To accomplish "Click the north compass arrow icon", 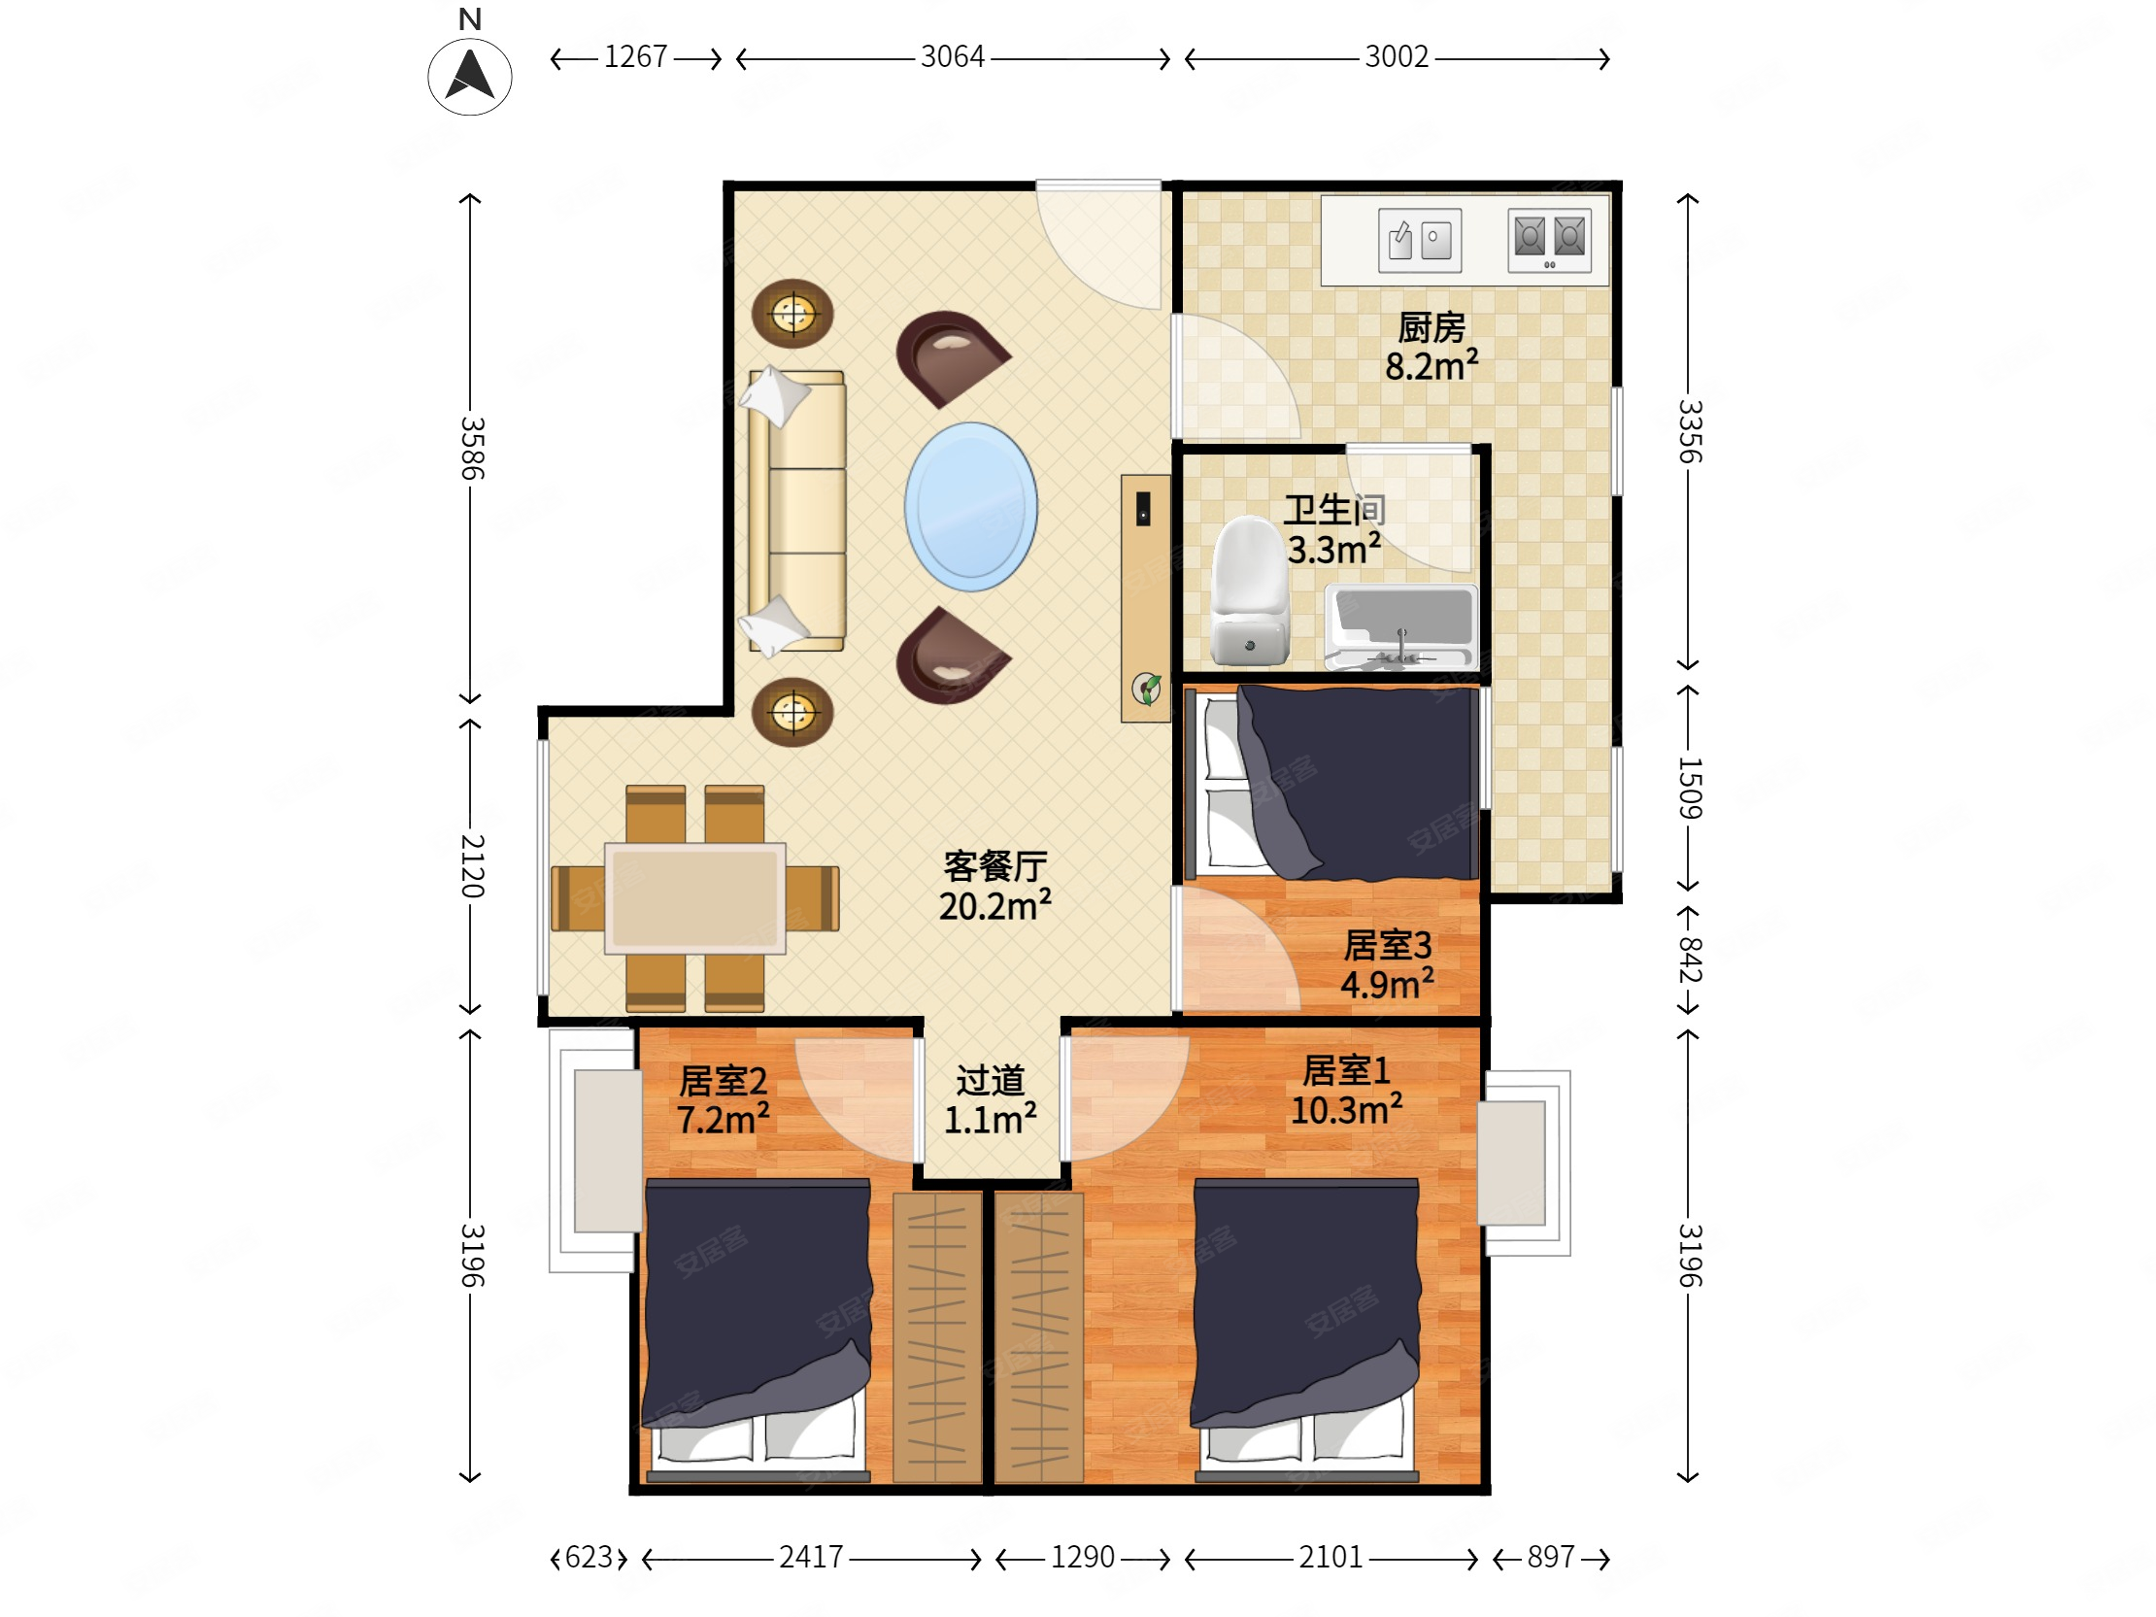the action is click(470, 77).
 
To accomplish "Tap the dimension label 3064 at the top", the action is click(953, 57).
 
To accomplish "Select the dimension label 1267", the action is click(635, 57).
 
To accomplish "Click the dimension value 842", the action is click(1689, 960).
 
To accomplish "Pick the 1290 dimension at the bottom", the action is click(1082, 1558).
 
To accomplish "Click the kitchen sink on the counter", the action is click(1420, 240).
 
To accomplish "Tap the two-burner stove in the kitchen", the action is click(1550, 240).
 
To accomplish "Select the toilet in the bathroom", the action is click(1250, 590).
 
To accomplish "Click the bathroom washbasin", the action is click(1401, 626).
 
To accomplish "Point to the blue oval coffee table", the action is click(971, 507).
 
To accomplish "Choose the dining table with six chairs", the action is click(695, 897).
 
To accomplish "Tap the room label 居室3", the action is click(1387, 946).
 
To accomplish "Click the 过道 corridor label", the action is click(991, 1081).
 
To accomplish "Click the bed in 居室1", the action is click(1306, 1331).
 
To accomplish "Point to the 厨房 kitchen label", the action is click(1431, 327).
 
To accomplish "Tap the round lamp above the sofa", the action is click(792, 314).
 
